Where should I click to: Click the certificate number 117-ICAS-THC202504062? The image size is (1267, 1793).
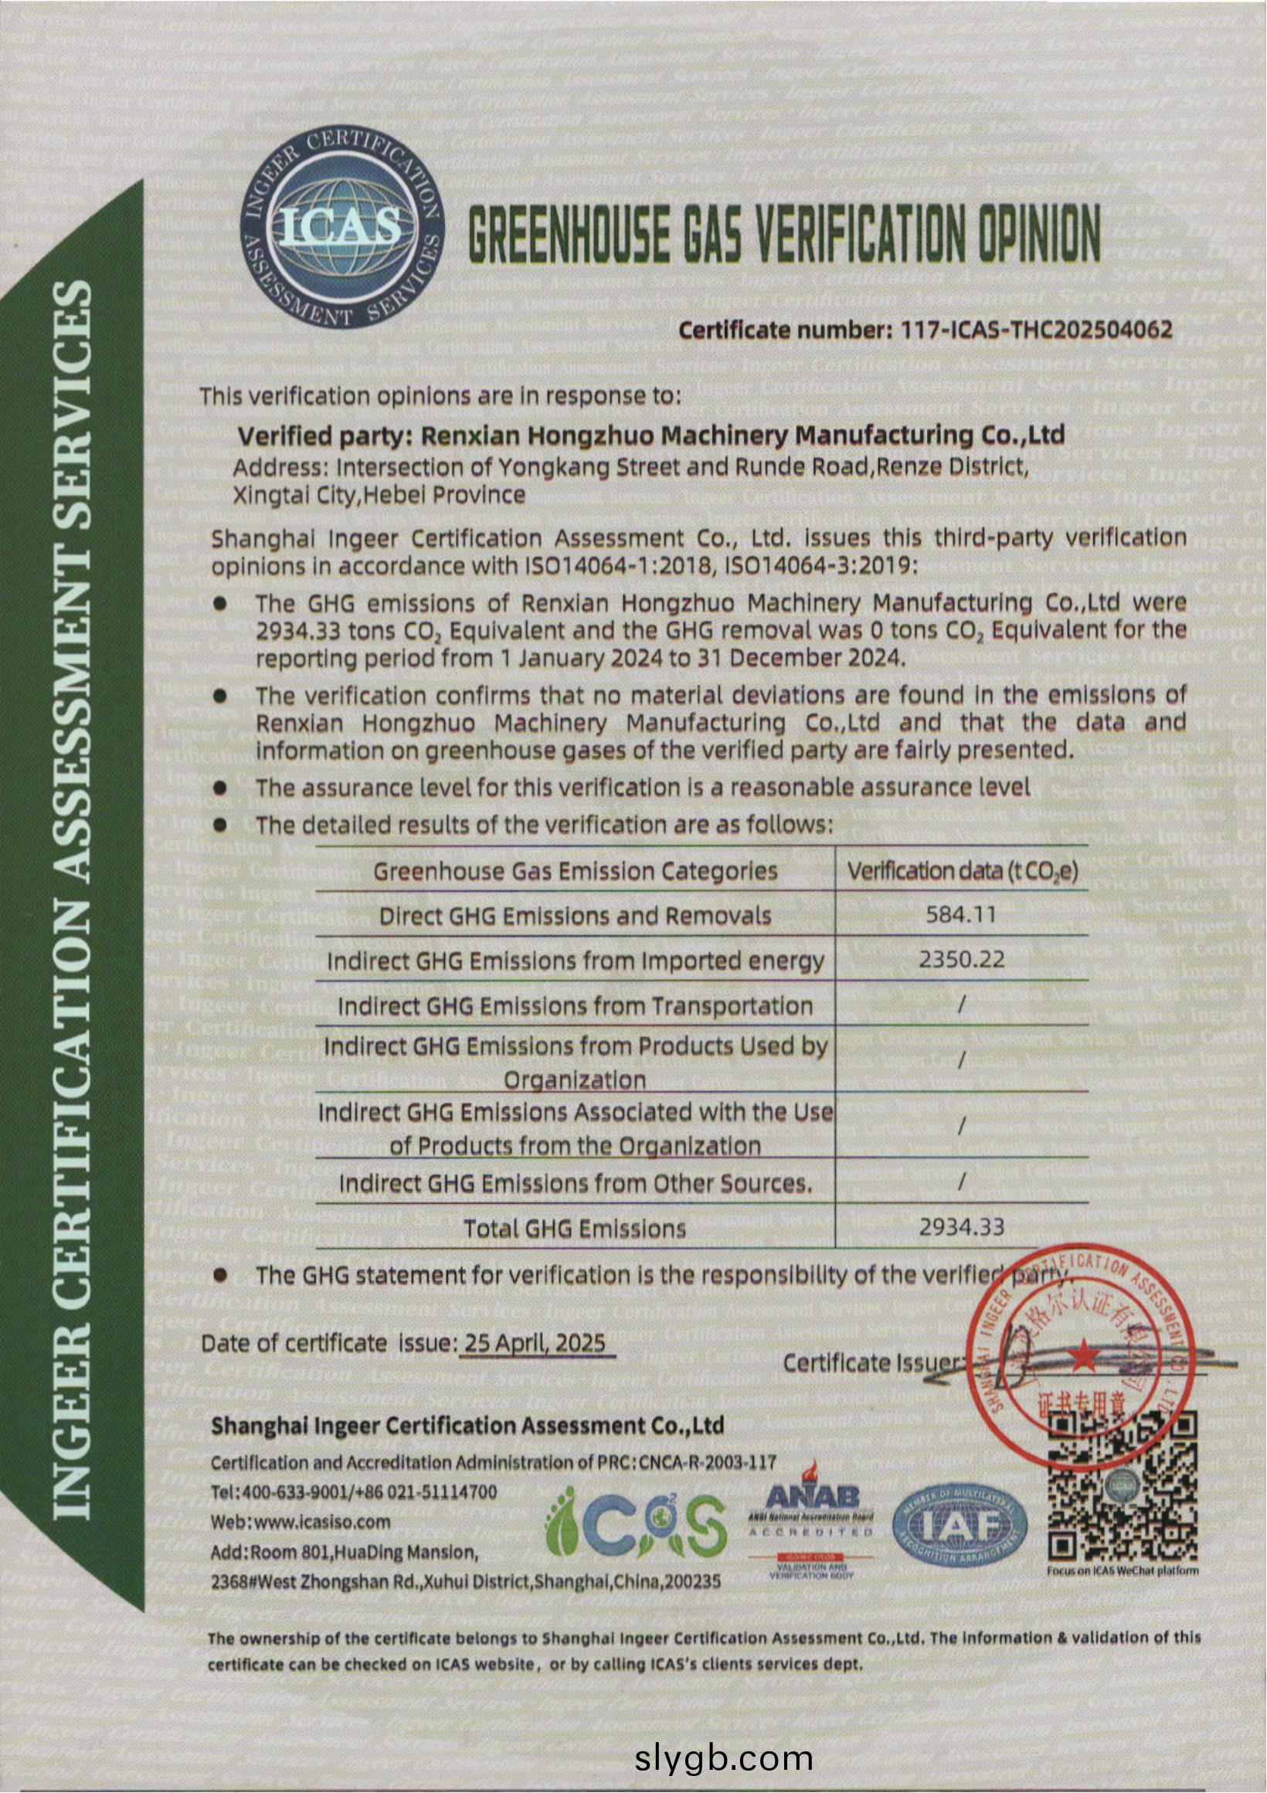[x=1036, y=330]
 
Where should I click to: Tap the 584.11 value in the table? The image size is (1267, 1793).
[x=961, y=914]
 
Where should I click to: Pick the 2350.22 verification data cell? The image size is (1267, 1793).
[x=961, y=959]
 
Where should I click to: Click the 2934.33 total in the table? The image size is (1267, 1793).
[x=961, y=1227]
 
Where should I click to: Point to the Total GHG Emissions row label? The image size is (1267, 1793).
[x=575, y=1229]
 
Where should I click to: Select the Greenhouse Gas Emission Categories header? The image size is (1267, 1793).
[x=575, y=871]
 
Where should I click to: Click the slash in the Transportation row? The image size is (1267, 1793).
[x=961, y=1005]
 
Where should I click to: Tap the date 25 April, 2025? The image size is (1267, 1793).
[x=535, y=1342]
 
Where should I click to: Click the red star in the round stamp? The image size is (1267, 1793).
[x=1082, y=1357]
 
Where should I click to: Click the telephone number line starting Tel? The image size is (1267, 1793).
[x=354, y=1492]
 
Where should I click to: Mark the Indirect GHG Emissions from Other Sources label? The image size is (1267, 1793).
[x=575, y=1183]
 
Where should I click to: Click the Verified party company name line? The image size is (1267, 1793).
[x=650, y=435]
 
